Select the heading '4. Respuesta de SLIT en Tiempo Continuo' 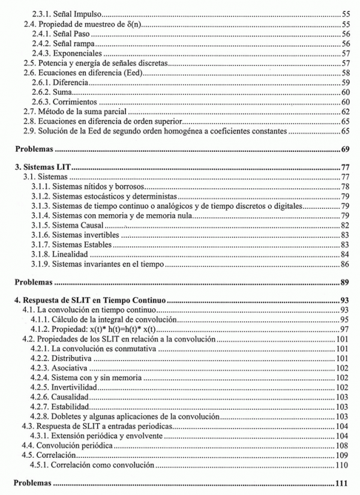coord(90,300)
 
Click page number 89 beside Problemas coord(345,281)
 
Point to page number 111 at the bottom coord(343,482)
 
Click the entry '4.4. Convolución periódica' coord(67,446)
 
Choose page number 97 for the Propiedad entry coord(345,329)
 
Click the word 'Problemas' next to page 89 coord(34,281)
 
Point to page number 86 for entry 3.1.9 coord(345,263)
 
